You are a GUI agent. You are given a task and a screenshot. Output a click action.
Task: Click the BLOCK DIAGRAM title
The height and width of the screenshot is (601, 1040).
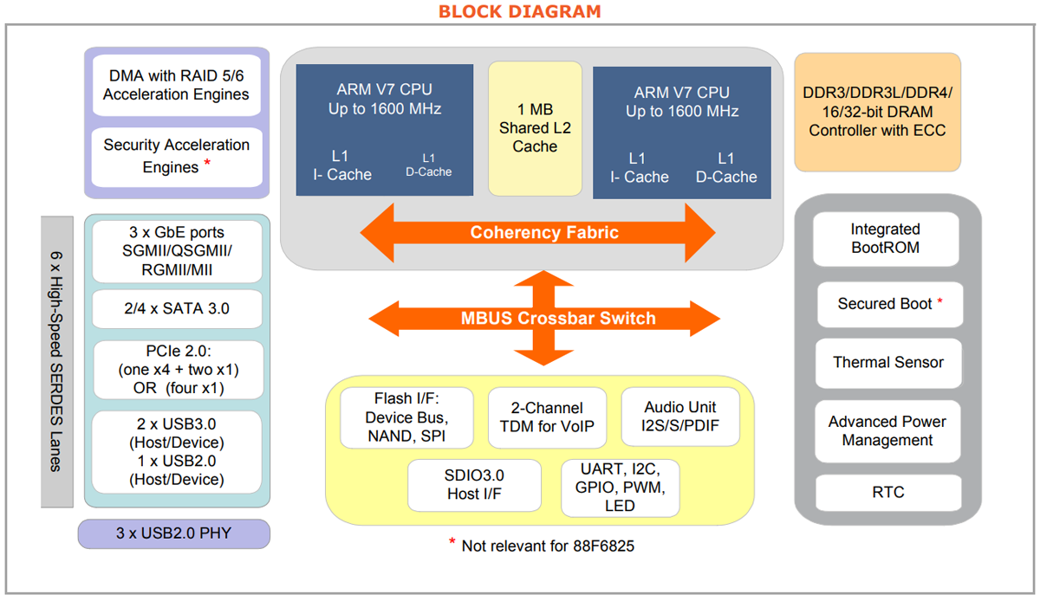(519, 11)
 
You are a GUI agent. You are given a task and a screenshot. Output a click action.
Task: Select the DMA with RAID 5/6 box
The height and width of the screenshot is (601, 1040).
(176, 85)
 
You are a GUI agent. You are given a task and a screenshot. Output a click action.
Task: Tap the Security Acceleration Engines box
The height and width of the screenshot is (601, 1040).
(176, 156)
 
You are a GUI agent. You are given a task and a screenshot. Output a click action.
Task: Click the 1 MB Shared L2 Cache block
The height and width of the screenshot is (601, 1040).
(535, 128)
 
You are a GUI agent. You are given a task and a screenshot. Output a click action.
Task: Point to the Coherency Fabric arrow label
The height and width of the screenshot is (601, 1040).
(544, 232)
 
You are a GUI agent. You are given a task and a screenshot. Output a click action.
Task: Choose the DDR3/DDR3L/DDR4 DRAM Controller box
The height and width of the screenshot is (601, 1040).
(877, 112)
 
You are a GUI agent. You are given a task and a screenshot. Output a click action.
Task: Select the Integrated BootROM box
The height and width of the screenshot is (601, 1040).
(885, 238)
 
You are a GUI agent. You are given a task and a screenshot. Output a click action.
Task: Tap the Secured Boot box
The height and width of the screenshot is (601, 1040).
(889, 304)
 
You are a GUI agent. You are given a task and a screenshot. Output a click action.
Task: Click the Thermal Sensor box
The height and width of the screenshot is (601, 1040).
(888, 362)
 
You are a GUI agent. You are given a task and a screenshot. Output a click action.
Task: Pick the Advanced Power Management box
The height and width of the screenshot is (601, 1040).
(887, 430)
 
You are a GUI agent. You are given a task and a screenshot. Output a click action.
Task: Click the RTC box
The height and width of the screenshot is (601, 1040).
(888, 492)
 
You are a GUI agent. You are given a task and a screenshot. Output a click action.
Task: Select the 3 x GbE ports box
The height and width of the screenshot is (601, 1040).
(177, 251)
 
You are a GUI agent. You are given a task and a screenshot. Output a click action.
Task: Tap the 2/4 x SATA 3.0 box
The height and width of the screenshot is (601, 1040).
(177, 308)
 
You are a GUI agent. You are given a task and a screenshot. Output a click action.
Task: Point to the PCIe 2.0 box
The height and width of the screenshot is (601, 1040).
(177, 370)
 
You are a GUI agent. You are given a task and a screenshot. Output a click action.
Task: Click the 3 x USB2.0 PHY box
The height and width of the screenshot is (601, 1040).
(174, 533)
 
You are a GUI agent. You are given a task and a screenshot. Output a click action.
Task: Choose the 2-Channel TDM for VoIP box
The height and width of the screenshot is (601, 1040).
(546, 417)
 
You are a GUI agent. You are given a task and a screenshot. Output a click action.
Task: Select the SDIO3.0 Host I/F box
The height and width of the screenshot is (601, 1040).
(474, 485)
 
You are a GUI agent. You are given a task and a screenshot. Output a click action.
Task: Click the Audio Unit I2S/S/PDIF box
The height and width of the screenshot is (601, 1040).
(680, 417)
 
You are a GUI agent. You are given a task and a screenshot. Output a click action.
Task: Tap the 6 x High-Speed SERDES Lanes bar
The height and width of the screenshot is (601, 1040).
(56, 361)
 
